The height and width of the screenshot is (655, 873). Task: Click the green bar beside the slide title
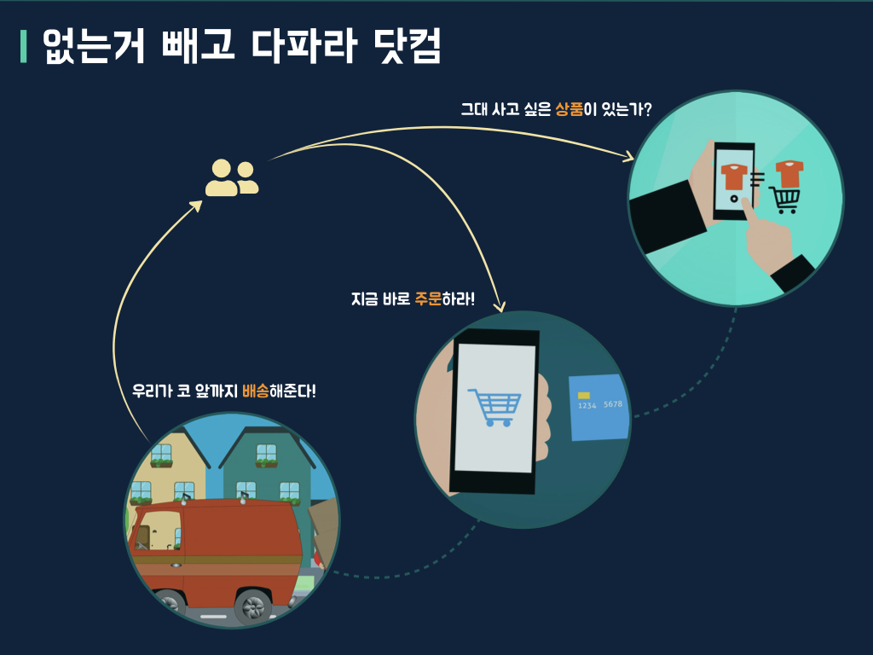[24, 47]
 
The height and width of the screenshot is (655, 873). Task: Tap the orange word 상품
[569, 109]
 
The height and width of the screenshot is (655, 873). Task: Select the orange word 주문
[428, 299]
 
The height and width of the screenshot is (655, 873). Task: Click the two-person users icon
[231, 177]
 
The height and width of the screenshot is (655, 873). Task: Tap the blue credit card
[599, 407]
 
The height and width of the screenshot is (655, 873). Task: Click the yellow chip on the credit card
[584, 396]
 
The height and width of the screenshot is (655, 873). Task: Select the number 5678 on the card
[613, 404]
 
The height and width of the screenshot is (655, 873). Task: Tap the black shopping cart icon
[785, 200]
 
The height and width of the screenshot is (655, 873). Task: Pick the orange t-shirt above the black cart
[789, 173]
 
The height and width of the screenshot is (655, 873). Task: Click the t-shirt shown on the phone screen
[733, 177]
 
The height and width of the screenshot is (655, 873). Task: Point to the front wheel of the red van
[253, 606]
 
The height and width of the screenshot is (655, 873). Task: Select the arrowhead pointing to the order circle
[501, 304]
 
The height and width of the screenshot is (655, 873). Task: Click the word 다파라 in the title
[303, 47]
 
